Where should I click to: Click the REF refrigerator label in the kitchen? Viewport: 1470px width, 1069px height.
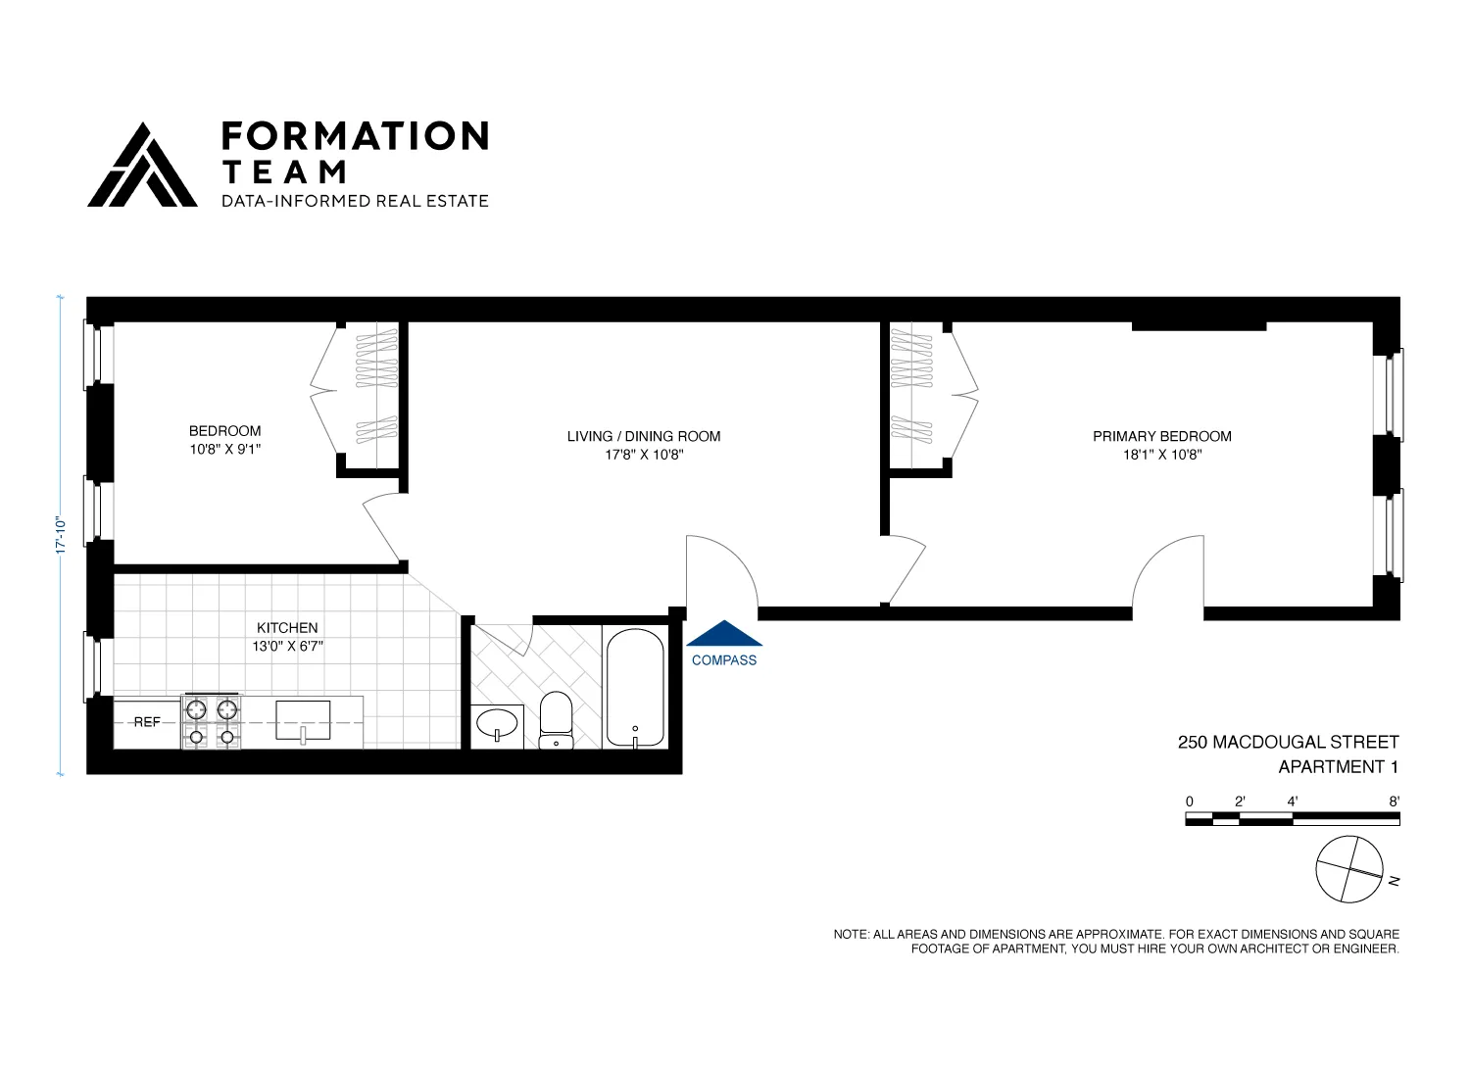147,722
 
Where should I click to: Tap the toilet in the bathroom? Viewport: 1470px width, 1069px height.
556,719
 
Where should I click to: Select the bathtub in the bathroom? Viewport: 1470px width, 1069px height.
635,688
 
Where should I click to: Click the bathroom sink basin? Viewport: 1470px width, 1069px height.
497,724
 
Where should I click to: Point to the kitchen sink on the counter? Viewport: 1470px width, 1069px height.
303,720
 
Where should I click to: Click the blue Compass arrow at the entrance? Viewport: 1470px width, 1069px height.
724,634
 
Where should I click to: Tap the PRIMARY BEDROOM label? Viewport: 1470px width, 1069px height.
1161,436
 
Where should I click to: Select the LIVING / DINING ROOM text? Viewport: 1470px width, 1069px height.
644,436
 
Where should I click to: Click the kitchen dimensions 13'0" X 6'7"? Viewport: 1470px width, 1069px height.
287,647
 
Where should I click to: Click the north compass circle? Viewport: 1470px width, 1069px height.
1349,869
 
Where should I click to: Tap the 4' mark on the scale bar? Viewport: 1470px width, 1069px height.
1293,802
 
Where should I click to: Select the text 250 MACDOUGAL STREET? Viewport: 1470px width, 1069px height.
1288,743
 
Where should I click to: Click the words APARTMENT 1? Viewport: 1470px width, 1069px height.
1338,767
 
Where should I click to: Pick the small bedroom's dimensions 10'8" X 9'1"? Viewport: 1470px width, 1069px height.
224,450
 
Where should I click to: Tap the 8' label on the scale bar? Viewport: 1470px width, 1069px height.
1394,802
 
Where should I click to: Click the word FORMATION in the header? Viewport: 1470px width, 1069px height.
355,136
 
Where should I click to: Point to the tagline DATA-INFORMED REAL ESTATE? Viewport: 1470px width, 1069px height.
355,201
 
